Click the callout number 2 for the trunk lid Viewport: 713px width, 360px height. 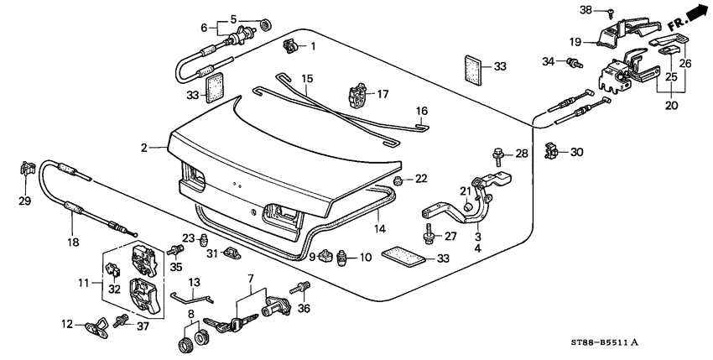point(144,148)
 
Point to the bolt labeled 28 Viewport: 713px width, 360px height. point(497,154)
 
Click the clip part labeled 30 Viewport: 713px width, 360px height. point(552,152)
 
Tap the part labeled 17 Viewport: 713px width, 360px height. point(358,96)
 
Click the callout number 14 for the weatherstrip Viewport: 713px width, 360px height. point(379,227)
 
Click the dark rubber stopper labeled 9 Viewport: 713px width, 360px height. point(327,255)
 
